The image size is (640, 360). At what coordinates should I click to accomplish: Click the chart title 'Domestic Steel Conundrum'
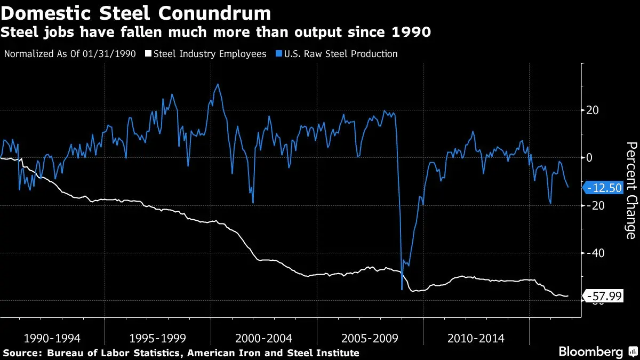click(136, 12)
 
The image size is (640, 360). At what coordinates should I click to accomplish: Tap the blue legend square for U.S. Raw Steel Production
click(279, 54)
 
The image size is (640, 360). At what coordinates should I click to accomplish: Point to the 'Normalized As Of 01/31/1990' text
click(70, 54)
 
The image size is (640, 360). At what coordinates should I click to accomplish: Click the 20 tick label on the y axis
click(592, 110)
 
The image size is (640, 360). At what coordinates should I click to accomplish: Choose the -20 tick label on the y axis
click(592, 205)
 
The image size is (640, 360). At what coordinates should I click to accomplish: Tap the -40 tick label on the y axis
click(592, 253)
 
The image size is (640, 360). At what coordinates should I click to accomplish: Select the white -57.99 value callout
click(604, 295)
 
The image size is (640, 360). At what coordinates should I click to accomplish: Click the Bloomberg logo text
click(590, 351)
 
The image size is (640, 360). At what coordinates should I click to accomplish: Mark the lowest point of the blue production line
click(402, 290)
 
